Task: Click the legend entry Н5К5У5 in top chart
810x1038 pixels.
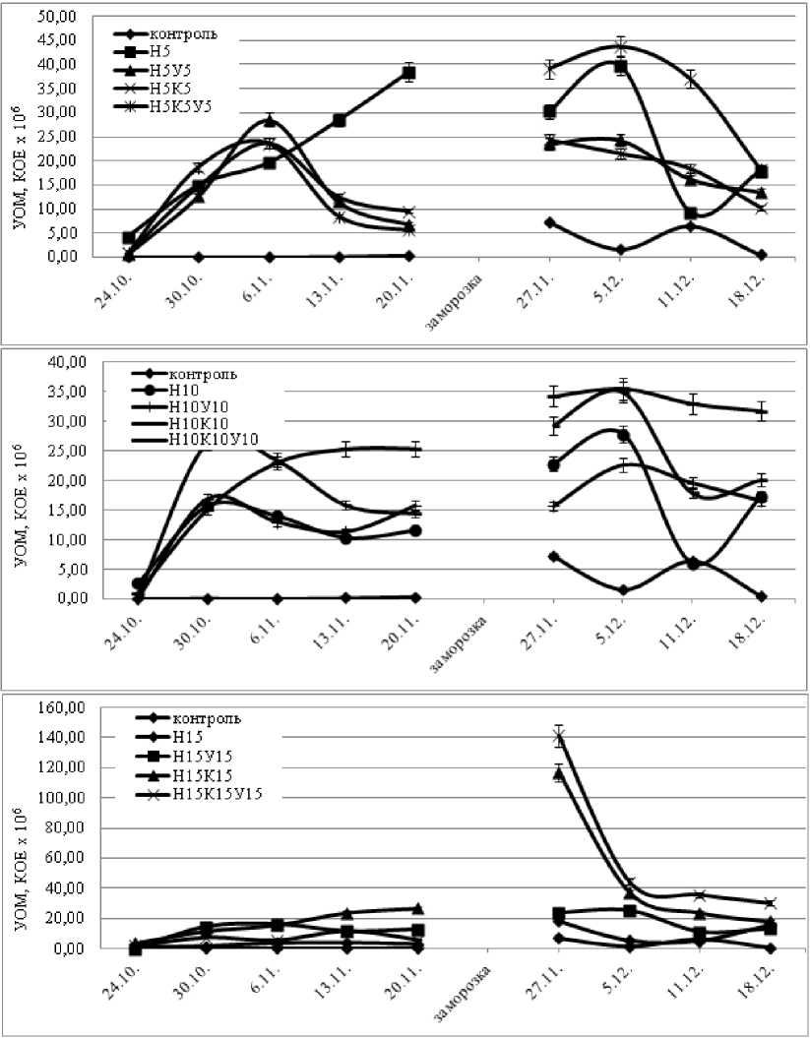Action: [x=185, y=105]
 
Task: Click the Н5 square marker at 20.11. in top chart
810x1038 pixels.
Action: [x=408, y=73]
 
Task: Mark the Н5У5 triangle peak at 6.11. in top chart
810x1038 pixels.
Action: [x=269, y=121]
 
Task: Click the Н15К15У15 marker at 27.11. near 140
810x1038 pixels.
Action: [x=559, y=736]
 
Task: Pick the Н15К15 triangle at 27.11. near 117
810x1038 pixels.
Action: [x=559, y=773]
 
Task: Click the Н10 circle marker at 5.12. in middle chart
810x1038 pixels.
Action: [x=622, y=435]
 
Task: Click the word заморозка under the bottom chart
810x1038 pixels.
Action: [x=460, y=993]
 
